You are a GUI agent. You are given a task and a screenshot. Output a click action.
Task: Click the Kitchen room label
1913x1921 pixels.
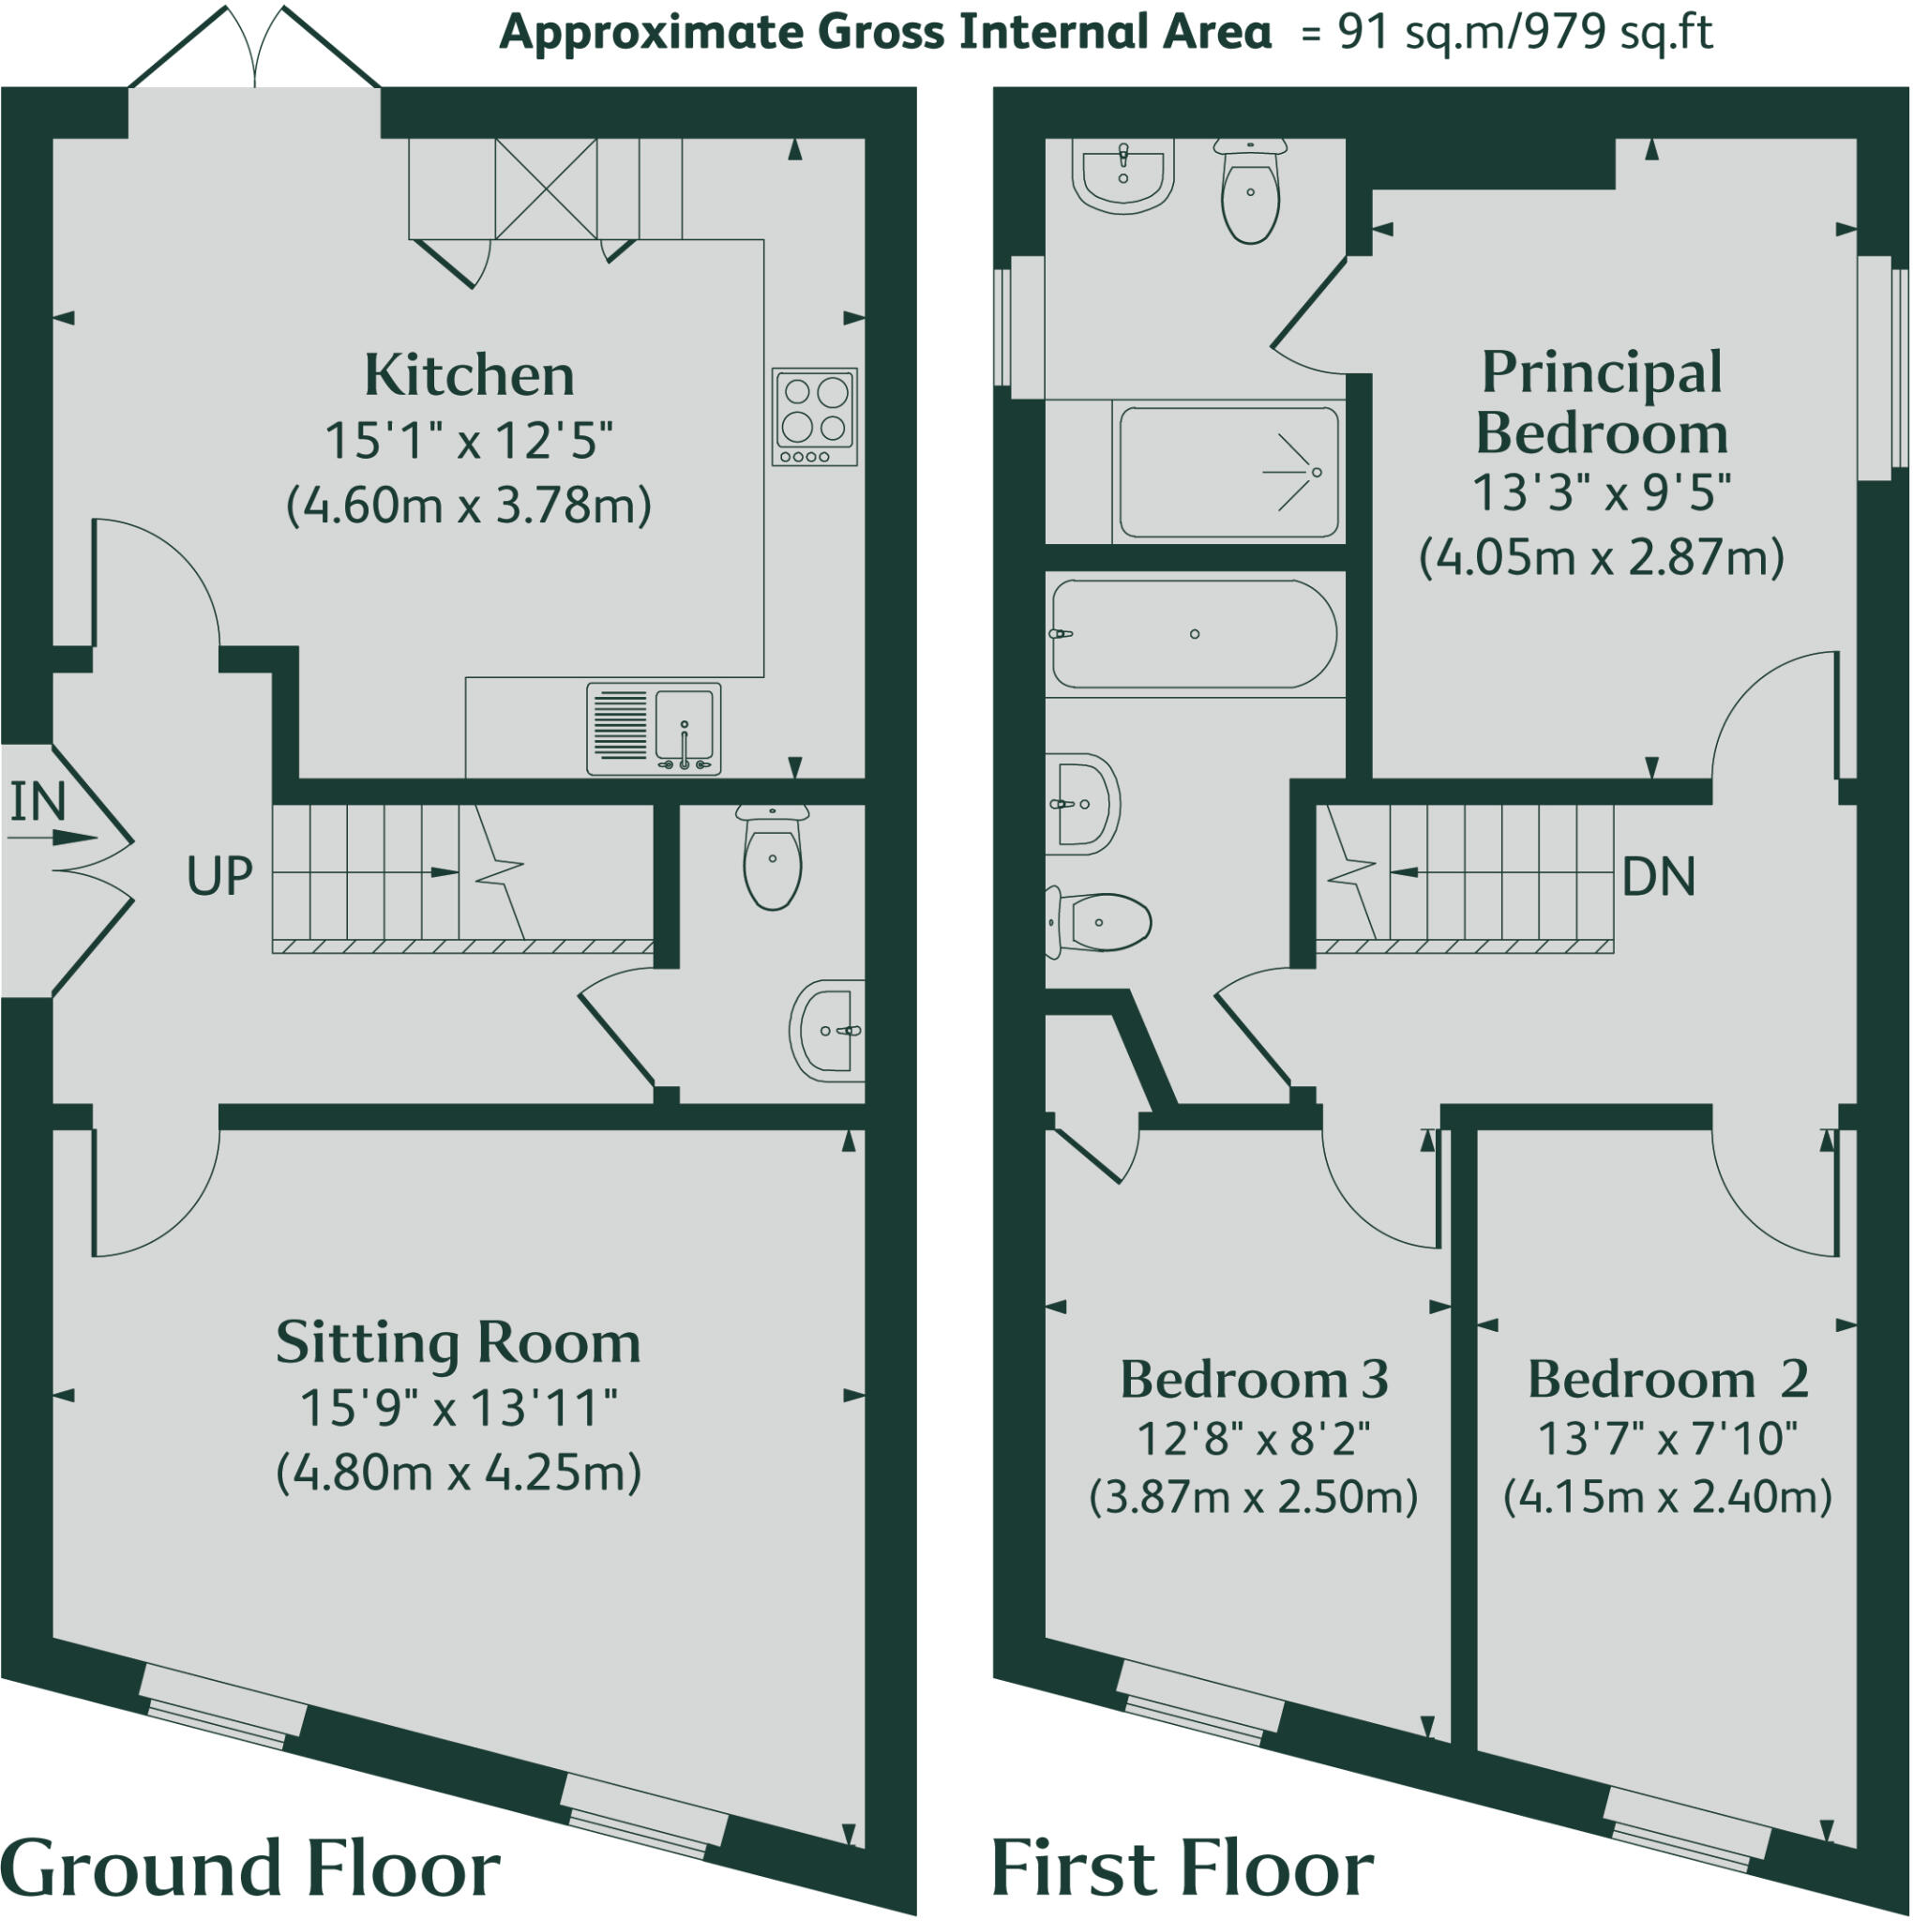[469, 376]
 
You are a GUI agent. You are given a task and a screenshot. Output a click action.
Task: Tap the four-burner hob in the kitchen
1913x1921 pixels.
[814, 416]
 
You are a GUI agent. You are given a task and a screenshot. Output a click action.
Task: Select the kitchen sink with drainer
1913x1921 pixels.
[654, 728]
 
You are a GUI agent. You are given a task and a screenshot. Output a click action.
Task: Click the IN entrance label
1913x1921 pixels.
[38, 801]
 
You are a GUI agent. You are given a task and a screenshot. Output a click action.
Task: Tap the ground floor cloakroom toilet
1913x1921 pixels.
[773, 857]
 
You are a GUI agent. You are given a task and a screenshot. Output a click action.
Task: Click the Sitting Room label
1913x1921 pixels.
[459, 1342]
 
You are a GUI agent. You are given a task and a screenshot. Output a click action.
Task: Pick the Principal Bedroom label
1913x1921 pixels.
[1601, 402]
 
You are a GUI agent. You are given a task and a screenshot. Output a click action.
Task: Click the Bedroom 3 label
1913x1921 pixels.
[1254, 1379]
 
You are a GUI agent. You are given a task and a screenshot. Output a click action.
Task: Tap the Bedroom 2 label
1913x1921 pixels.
[1667, 1379]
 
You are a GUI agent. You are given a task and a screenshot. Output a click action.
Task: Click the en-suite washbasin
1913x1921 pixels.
[1123, 175]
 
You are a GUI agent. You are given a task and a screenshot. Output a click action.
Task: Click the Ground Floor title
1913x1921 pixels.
[250, 1869]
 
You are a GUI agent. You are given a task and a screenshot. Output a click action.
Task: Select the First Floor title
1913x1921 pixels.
[1182, 1869]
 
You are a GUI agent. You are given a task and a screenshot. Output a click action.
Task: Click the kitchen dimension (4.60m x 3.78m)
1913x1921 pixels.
[468, 507]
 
